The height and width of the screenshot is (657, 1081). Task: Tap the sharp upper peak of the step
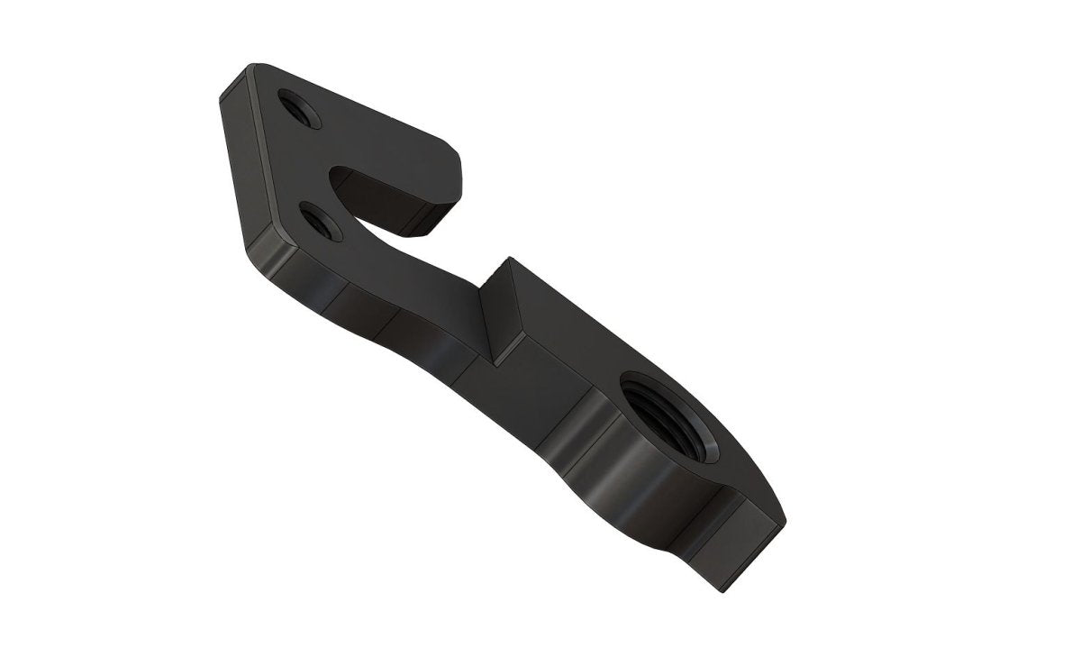tap(509, 260)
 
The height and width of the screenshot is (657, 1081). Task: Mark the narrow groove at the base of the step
tap(491, 360)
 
